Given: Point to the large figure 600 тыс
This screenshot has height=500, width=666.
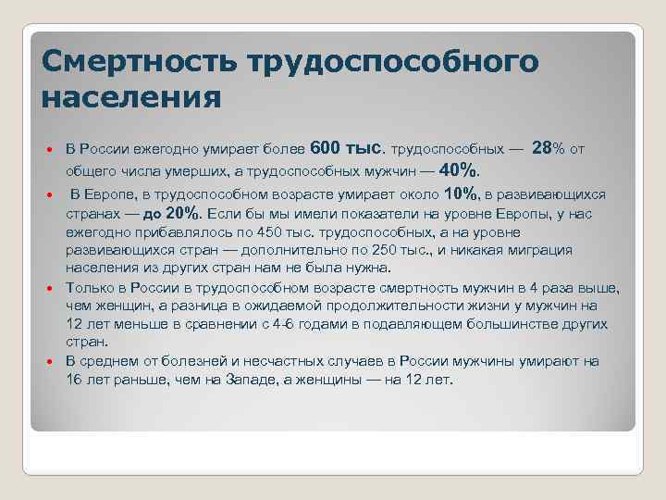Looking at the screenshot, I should click(347, 148).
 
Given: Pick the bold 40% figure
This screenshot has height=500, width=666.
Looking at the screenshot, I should click(461, 170).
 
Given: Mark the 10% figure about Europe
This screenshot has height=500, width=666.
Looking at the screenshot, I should click(461, 194).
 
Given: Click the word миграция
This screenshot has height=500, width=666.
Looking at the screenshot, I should click(545, 250).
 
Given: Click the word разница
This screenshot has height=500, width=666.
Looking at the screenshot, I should click(220, 306).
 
